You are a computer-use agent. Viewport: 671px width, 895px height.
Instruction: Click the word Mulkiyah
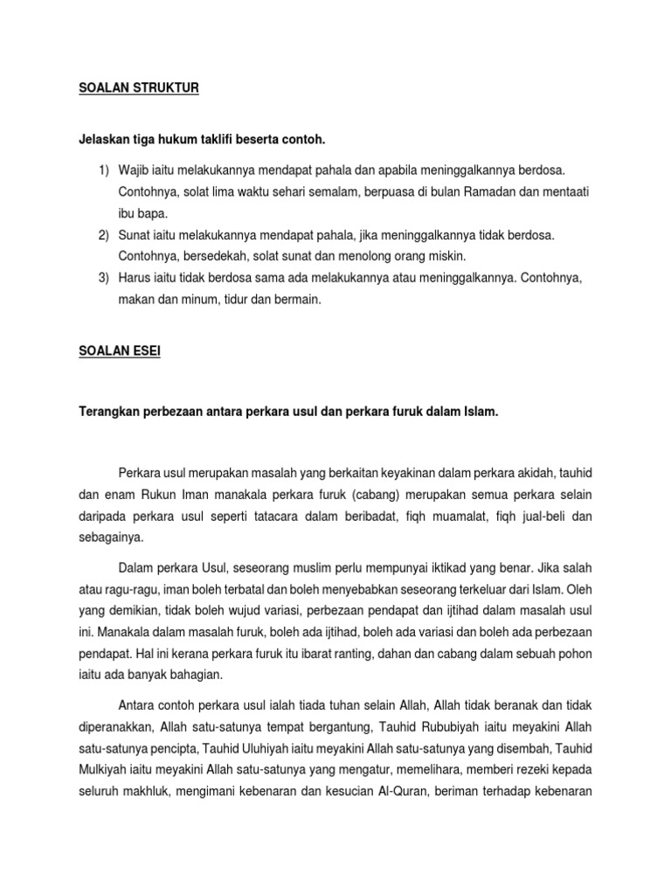tap(103, 770)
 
